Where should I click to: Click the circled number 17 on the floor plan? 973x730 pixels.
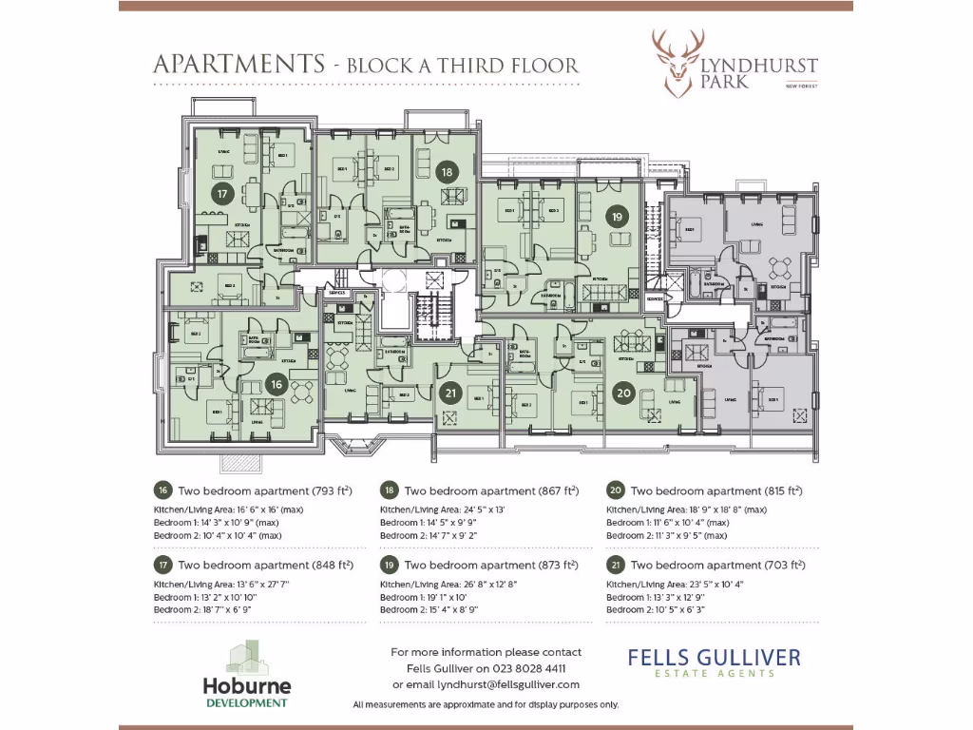(222, 194)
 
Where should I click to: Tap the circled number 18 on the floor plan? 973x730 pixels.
(447, 172)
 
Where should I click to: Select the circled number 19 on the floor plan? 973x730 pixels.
(618, 217)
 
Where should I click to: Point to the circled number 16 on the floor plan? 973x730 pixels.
(277, 385)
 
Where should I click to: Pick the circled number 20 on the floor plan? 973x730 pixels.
(623, 392)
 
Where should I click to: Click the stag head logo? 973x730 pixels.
(677, 62)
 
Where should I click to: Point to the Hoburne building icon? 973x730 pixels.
(247, 656)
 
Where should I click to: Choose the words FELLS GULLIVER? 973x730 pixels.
(714, 658)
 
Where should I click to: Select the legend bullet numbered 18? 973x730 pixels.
(389, 490)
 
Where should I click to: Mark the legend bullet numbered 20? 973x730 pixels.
(615, 490)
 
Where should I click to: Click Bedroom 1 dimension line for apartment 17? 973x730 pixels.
(203, 597)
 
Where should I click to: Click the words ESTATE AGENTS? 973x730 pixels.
(714, 674)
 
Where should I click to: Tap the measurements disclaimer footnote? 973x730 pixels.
(486, 704)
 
